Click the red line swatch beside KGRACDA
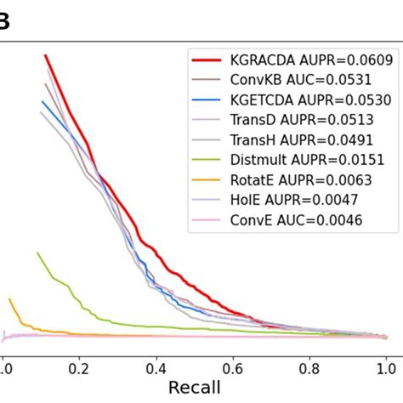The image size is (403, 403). [x=208, y=60]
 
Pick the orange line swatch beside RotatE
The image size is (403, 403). [x=208, y=179]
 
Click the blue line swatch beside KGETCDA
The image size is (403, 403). [x=208, y=100]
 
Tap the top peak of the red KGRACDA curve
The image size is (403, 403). [x=45, y=55]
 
